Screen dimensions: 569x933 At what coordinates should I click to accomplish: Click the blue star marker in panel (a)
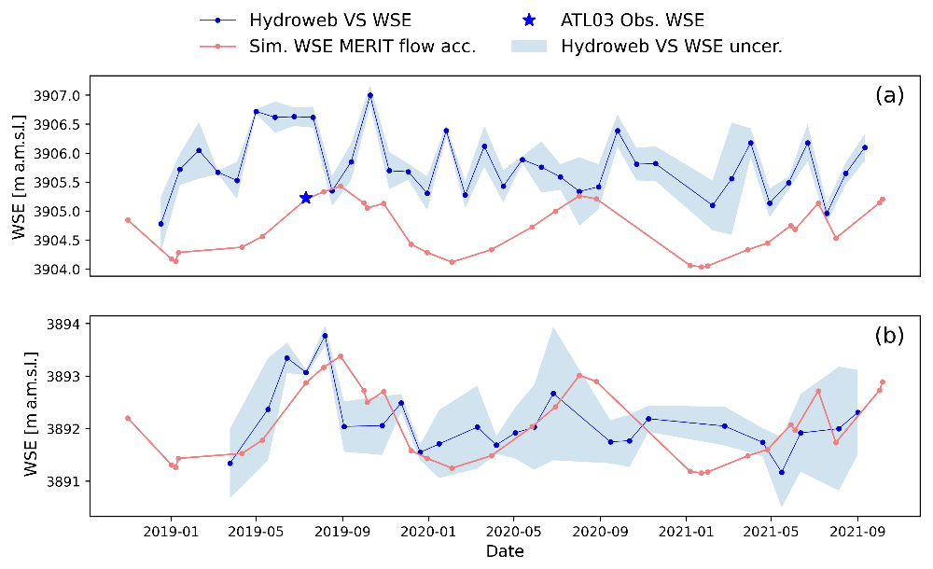(306, 198)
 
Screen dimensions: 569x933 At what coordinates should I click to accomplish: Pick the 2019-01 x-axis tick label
(171, 532)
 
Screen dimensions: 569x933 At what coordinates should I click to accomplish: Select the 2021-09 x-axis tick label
(856, 532)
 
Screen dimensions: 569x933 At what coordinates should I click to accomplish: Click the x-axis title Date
(505, 551)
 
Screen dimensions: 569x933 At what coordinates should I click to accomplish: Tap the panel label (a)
(889, 95)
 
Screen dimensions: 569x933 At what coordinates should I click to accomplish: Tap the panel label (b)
(889, 336)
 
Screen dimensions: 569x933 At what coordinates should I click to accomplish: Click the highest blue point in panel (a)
(370, 95)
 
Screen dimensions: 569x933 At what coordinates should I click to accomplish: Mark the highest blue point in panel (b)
(325, 336)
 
